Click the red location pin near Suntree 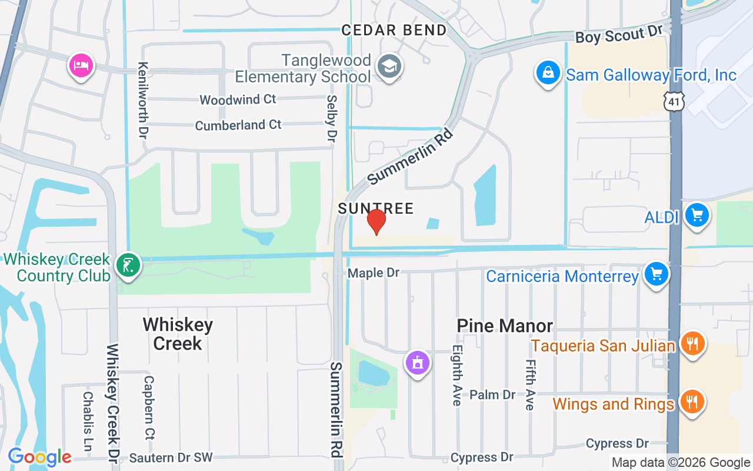point(376,221)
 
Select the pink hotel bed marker point(81,65)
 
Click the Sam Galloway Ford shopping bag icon point(548,73)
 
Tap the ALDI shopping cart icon point(697,215)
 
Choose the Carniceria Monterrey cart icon point(657,274)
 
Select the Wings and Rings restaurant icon point(692,402)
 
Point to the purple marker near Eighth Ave point(418,363)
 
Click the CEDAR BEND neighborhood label point(394,30)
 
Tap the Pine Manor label point(505,326)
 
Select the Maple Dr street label point(373,273)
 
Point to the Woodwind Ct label point(238,99)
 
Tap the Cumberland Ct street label point(238,125)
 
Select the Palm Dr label point(493,394)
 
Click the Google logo point(39,457)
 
